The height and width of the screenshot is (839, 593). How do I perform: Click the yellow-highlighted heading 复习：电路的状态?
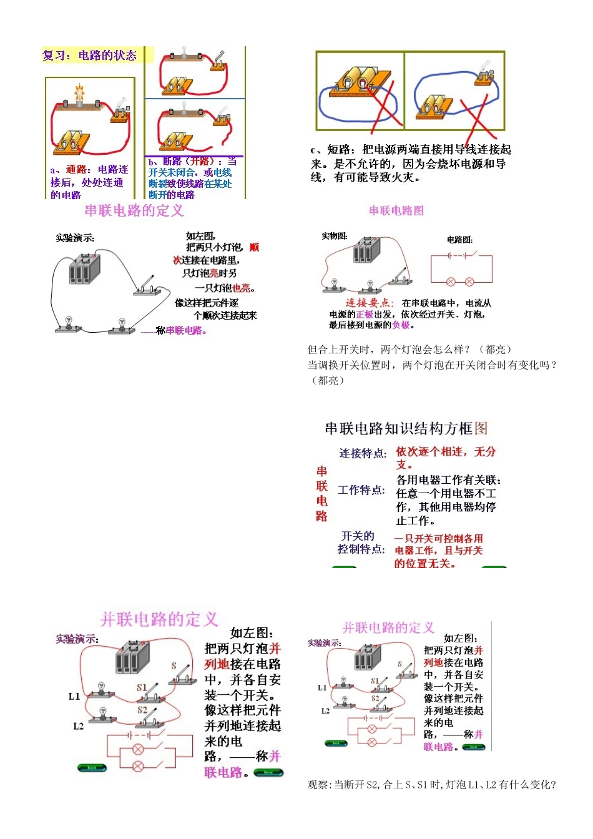click(89, 56)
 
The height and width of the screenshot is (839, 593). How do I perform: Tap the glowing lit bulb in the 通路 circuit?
click(79, 93)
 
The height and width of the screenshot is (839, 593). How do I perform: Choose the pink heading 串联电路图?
click(396, 211)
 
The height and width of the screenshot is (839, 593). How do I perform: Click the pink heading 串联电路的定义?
click(134, 210)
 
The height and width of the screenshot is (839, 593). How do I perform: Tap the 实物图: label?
click(335, 236)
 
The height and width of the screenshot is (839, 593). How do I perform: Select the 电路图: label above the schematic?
click(459, 240)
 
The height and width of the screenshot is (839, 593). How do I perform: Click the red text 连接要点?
click(370, 303)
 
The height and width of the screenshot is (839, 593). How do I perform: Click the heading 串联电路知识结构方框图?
click(406, 428)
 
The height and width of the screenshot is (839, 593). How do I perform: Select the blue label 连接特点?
click(363, 453)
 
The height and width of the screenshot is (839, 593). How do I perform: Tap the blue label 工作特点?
click(361, 490)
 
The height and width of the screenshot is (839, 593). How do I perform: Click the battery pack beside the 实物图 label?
click(366, 250)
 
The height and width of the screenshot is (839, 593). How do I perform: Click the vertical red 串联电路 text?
click(321, 493)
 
